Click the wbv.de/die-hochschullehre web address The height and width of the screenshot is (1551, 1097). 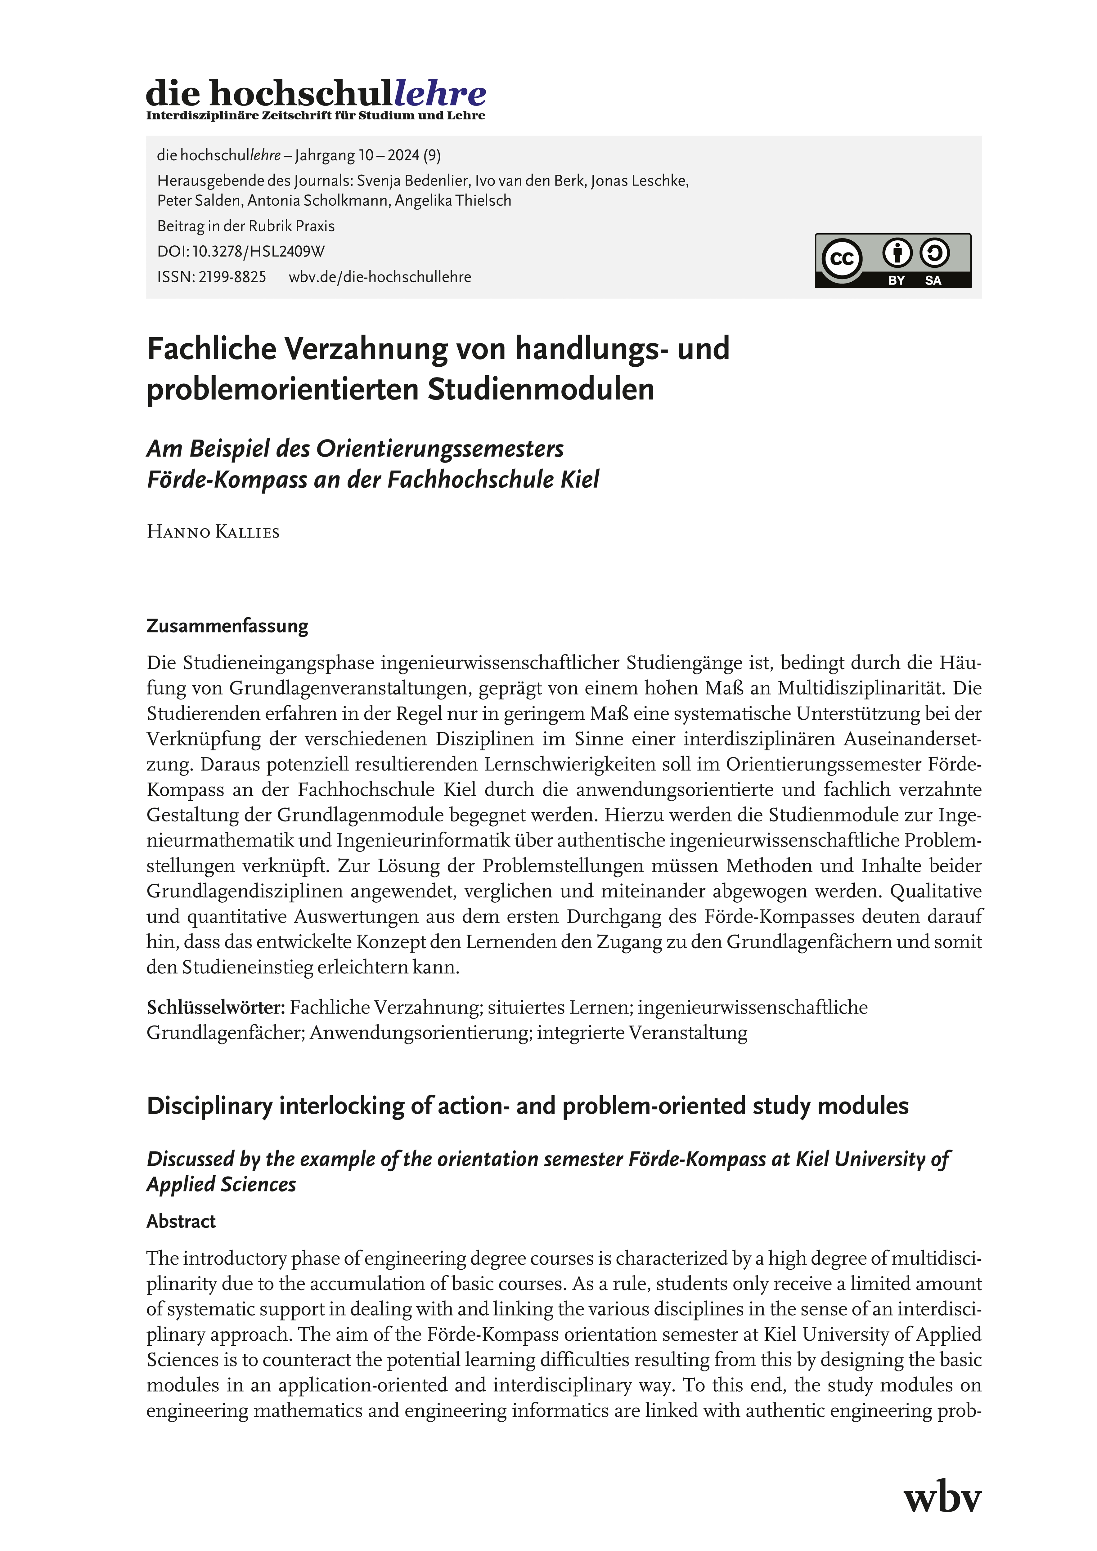coord(380,277)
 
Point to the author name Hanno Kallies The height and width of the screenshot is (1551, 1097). coord(213,532)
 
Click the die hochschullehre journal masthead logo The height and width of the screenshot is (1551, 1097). coord(316,93)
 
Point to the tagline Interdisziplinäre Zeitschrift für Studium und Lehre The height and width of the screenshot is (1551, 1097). coord(316,115)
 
